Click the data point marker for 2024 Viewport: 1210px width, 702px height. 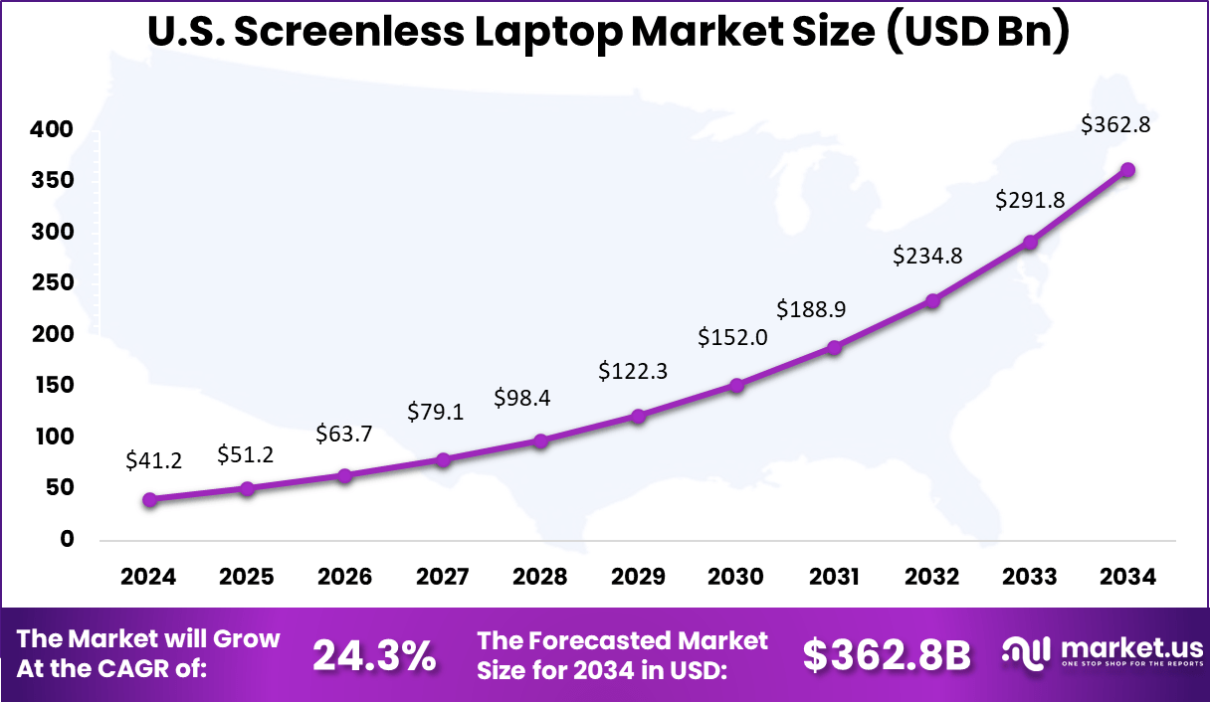click(x=149, y=499)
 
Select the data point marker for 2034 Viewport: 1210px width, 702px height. click(x=1127, y=170)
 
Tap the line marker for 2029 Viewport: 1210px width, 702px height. click(x=639, y=416)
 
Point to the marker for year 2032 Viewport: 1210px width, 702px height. click(x=932, y=300)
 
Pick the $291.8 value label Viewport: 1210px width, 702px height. click(x=1030, y=200)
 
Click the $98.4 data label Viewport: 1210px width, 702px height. click(x=522, y=399)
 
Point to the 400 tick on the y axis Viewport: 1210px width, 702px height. click(x=52, y=129)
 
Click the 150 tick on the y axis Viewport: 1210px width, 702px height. click(x=52, y=385)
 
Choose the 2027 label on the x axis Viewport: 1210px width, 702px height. click(x=442, y=578)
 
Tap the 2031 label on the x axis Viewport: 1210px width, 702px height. click(x=834, y=578)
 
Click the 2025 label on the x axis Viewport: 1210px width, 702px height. click(x=247, y=578)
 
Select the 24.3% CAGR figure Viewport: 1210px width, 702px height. click(x=374, y=655)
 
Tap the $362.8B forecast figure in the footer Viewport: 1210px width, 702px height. click(x=887, y=655)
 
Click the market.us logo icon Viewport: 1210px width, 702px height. click(x=1026, y=653)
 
